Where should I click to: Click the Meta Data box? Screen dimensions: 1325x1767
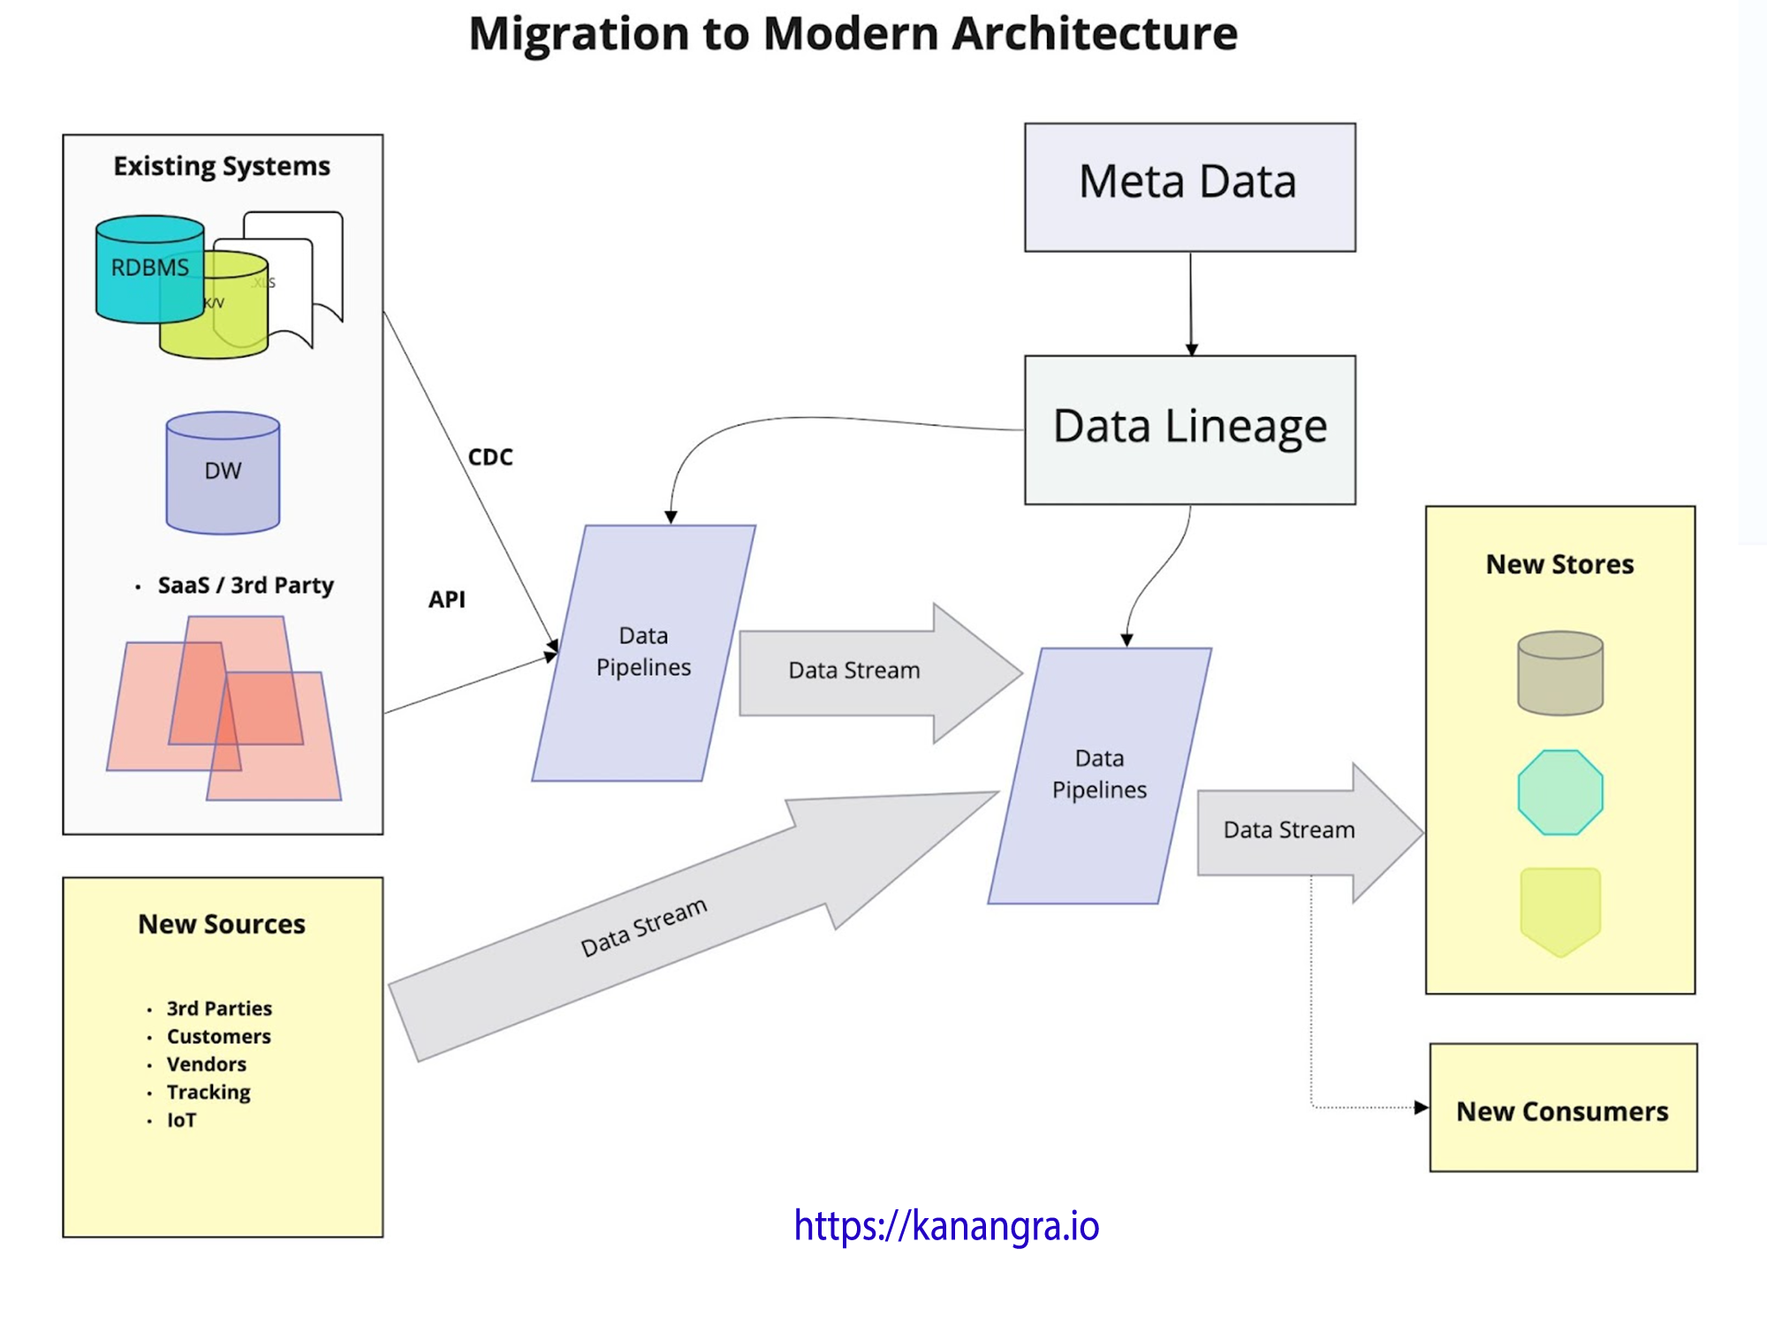coord(1189,186)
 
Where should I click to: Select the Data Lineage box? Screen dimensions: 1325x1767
coord(1189,429)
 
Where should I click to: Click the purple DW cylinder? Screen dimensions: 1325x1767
coord(223,473)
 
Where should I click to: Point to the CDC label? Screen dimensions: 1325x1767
coord(490,457)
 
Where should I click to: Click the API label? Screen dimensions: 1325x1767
coord(447,599)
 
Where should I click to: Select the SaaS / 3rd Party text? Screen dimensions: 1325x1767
coord(246,585)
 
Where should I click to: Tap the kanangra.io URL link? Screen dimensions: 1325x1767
coord(946,1225)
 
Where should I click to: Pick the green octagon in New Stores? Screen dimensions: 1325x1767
coord(1560,792)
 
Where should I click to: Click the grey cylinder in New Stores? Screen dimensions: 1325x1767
coord(1560,673)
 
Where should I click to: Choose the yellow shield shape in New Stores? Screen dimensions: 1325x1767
coord(1560,911)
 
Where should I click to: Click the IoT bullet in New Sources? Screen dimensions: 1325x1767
coord(182,1120)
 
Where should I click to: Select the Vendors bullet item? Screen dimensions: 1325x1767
coord(207,1064)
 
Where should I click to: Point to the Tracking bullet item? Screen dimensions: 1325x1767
coord(209,1092)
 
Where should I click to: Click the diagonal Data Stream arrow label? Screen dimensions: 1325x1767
coord(643,927)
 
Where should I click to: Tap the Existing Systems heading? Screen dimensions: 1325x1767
coord(222,166)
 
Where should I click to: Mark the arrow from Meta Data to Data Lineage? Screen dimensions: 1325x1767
coord(1191,304)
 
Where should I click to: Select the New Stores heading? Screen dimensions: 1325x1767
coord(1559,564)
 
